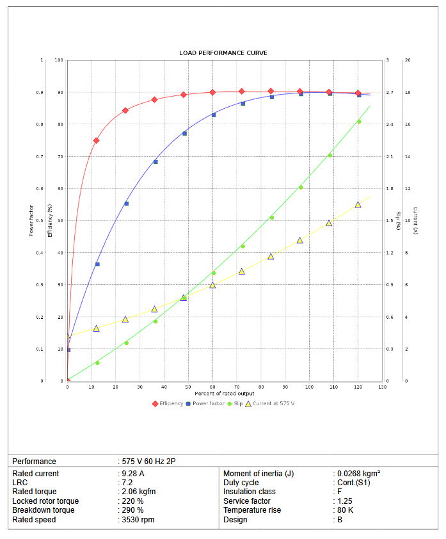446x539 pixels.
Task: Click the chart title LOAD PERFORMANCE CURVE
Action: pos(223,52)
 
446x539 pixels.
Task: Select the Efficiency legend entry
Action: pos(168,404)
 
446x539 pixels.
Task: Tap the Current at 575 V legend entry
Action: pos(269,404)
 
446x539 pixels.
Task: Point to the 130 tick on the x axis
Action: pos(382,387)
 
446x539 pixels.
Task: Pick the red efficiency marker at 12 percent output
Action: pos(96,140)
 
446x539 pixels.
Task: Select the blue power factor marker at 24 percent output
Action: pos(126,204)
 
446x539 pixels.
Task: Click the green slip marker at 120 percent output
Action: pos(359,122)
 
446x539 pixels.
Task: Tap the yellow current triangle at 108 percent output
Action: pos(329,223)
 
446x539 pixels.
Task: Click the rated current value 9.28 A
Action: pos(132,474)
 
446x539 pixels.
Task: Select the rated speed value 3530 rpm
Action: pos(138,520)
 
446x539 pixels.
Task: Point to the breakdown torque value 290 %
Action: pos(132,510)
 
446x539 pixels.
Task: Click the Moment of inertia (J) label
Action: pos(259,474)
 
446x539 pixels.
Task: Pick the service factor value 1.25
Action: pos(344,501)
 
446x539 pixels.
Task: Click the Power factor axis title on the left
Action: pos(31,221)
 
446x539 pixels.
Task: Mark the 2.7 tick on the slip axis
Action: pos(390,93)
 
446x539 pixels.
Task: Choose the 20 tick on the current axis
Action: pos(408,61)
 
